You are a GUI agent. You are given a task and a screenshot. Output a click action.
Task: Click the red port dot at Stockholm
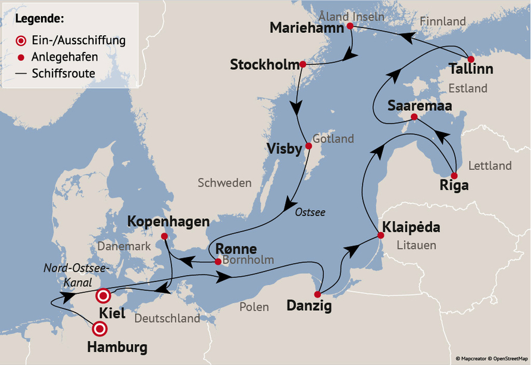coord(302,64)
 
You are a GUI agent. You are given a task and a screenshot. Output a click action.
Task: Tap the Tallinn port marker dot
coord(471,59)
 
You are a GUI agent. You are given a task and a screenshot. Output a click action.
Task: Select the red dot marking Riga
coord(454,176)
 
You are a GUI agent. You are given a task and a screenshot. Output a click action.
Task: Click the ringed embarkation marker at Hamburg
coord(99,328)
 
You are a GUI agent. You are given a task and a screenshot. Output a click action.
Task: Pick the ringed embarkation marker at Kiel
coord(103,295)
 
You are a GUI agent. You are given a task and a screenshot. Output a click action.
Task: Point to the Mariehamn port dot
coord(349,26)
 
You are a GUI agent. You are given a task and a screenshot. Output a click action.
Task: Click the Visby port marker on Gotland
coord(308,146)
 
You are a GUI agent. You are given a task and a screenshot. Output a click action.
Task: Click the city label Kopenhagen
coord(168,222)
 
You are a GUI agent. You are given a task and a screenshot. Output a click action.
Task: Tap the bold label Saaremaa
coord(419,106)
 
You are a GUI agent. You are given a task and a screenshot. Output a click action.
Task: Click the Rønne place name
coord(236,248)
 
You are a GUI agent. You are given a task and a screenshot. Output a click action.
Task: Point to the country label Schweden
coord(224,182)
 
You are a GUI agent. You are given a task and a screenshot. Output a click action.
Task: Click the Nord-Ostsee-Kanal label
coord(76,275)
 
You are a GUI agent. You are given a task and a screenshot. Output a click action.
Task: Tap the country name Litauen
coord(417,245)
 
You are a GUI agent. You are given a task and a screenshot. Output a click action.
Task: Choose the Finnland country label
coord(443,21)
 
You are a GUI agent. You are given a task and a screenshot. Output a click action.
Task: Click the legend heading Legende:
coord(40,18)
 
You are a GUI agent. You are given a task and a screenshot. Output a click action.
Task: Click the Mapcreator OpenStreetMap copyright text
coord(491,358)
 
